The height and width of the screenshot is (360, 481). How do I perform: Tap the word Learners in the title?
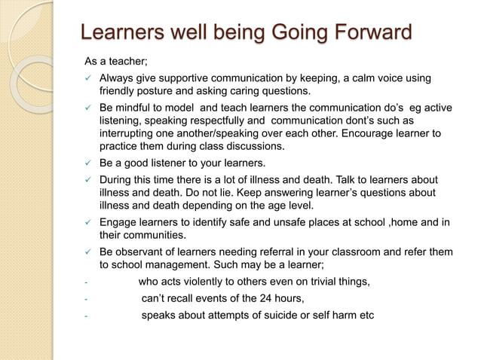click(121, 33)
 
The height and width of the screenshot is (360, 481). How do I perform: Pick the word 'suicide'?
click(272, 314)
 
